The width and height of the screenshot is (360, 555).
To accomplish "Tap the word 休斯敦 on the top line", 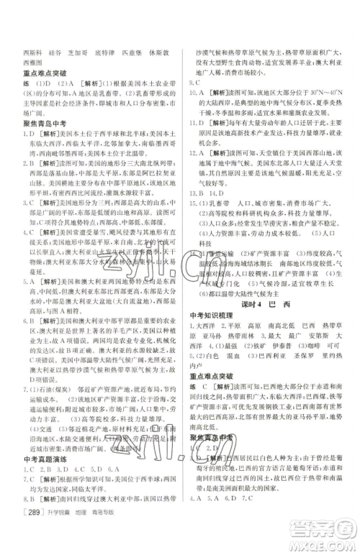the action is click(x=164, y=52).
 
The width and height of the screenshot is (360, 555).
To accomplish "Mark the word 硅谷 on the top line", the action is click(x=62, y=52).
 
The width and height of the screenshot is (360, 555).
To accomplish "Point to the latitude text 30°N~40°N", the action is click(x=317, y=93).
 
